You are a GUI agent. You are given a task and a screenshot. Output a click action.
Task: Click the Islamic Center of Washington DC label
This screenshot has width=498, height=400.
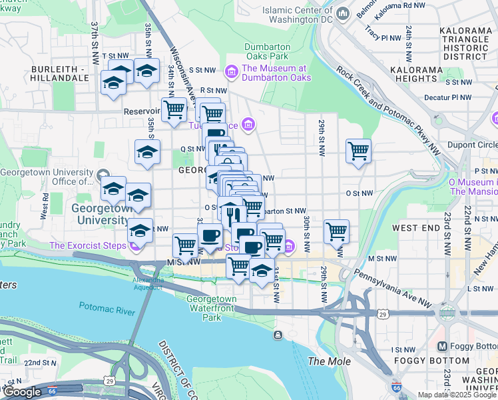pos(298,15)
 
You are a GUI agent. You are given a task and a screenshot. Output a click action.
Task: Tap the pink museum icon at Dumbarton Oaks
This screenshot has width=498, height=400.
pos(232,71)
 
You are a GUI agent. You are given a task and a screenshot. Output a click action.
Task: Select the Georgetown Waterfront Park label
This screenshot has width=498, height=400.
pos(212,308)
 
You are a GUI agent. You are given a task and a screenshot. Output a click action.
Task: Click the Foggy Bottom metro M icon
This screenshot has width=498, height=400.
pos(441,346)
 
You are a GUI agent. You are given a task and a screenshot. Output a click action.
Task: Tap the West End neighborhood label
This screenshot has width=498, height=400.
pos(416,228)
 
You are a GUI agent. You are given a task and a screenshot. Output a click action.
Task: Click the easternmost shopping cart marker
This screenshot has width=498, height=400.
pos(358,151)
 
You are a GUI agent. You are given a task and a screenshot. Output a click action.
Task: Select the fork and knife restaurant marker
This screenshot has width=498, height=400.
pos(231,215)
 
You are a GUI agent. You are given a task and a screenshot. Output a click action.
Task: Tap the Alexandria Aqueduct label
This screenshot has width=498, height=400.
pos(148,283)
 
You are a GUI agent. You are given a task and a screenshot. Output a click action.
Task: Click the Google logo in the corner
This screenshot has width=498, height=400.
pos(22,392)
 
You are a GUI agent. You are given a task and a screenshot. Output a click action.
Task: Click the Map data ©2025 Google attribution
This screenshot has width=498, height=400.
pos(457,395)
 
